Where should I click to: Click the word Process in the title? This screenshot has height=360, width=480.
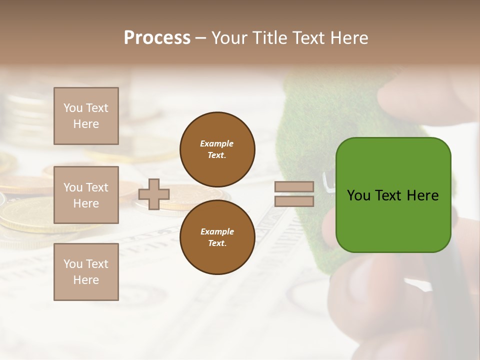157,38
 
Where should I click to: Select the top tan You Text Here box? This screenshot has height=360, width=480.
86,116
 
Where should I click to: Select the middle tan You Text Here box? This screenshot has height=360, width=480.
86,195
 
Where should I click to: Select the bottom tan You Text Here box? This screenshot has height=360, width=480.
86,272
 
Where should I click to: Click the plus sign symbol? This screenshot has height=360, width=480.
154,194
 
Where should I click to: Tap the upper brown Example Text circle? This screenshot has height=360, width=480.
217,149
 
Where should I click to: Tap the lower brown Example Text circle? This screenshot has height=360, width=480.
217,237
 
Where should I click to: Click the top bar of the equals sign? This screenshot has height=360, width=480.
294,187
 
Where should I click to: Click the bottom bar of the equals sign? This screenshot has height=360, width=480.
294,201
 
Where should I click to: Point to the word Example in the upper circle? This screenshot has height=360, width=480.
217,143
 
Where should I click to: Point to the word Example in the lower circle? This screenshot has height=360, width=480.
217,231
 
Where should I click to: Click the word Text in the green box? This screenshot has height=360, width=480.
388,195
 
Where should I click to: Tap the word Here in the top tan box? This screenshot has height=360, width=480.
86,124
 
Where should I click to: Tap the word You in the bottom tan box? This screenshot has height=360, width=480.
73,264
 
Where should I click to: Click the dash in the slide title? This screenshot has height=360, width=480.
201,38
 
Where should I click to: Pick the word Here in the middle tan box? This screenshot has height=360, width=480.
86,203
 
